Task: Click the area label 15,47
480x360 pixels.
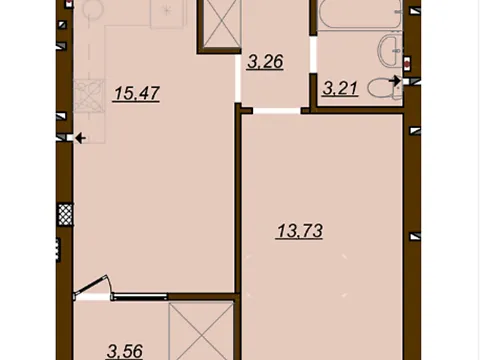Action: [x=136, y=94]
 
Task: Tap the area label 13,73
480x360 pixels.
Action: [x=299, y=231]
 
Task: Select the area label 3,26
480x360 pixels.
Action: [x=265, y=62]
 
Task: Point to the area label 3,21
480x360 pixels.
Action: [x=340, y=89]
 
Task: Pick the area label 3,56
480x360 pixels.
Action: [x=125, y=351]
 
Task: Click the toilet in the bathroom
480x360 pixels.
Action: [x=384, y=88]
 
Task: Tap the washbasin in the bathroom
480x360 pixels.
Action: [x=389, y=51]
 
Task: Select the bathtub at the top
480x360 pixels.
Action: [x=360, y=15]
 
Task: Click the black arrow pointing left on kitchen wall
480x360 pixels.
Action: [x=81, y=138]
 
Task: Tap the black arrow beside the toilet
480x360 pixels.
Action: [x=395, y=80]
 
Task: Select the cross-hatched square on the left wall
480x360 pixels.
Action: [x=65, y=214]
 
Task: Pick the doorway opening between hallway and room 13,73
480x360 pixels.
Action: [x=277, y=111]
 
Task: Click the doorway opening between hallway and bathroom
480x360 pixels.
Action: [x=313, y=54]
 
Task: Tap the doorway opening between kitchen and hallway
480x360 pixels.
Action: [x=238, y=79]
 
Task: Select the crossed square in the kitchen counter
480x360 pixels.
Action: [x=89, y=96]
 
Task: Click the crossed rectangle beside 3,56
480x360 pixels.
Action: [x=201, y=331]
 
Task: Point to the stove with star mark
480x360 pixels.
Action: [x=167, y=13]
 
